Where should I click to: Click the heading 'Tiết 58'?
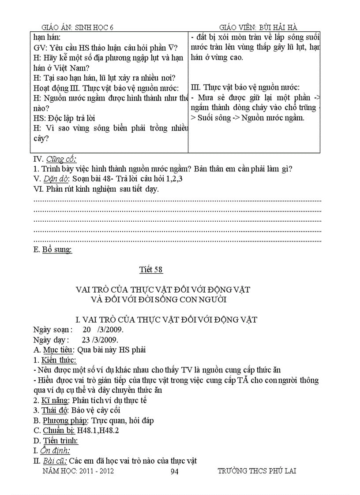(x=151, y=269)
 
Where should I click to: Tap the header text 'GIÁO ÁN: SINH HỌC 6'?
(x=77, y=27)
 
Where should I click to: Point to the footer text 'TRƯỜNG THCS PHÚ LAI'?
(x=257, y=471)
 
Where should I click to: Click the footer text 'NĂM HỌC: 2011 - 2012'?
(x=78, y=471)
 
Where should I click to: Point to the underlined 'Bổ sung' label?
(x=57, y=250)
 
